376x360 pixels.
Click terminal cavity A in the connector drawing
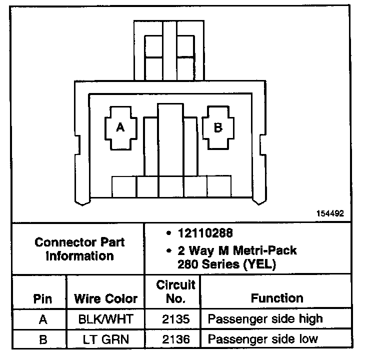(x=120, y=128)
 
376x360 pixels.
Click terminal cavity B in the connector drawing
(x=218, y=128)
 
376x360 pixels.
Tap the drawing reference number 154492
(x=330, y=213)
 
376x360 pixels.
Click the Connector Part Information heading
(x=79, y=249)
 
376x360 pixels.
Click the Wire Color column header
(x=105, y=299)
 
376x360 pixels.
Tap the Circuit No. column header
(x=175, y=292)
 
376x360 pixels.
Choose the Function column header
(x=276, y=298)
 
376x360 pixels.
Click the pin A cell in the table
(x=42, y=319)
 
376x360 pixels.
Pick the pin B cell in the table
(x=42, y=339)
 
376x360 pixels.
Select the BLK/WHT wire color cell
(x=105, y=319)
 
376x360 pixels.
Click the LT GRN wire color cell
(x=105, y=339)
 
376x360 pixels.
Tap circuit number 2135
(x=175, y=319)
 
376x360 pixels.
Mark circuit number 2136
(x=175, y=339)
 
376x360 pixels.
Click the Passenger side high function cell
(x=265, y=319)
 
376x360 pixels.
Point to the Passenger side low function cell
(x=262, y=339)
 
